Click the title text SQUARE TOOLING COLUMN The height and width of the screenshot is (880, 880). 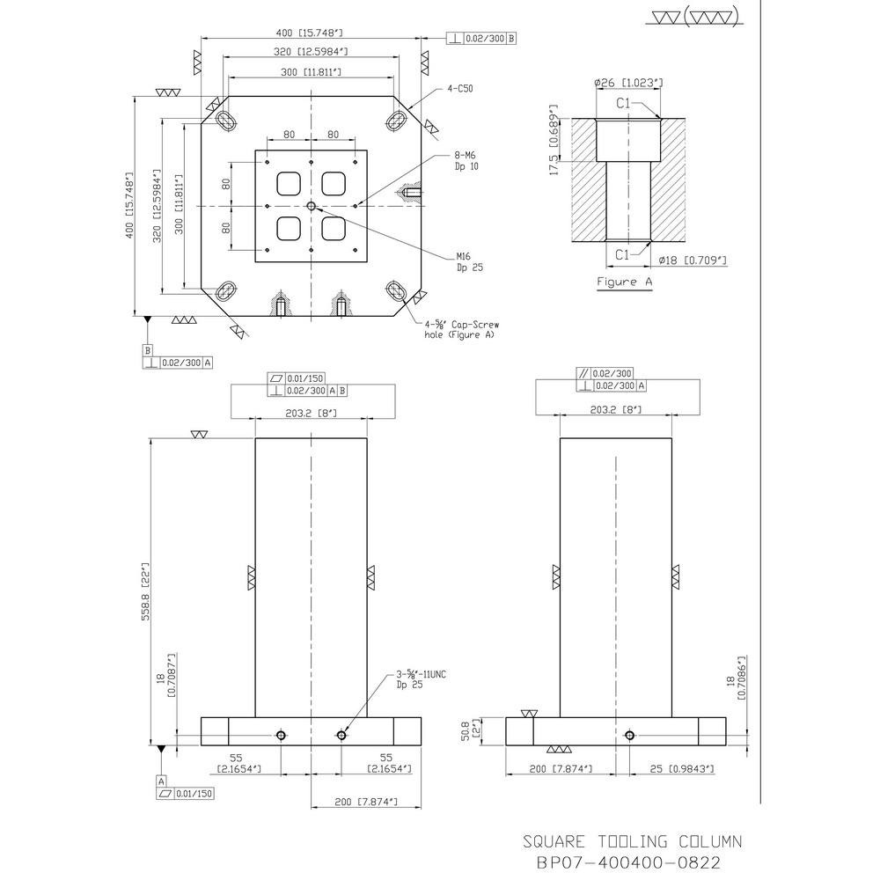[x=632, y=841]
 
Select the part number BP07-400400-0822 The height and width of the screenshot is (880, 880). [x=632, y=863]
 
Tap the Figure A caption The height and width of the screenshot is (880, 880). [x=625, y=282]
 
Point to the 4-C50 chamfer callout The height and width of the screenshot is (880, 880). [x=458, y=89]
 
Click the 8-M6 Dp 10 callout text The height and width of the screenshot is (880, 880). [x=465, y=159]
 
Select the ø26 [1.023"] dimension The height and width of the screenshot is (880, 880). [x=628, y=83]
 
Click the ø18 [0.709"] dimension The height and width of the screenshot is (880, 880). [x=693, y=260]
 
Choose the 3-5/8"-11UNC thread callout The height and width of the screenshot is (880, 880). [x=422, y=678]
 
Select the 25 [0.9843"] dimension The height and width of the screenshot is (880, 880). [x=676, y=768]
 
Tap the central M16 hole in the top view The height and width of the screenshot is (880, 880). [x=312, y=206]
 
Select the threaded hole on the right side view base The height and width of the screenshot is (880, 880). [x=628, y=735]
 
